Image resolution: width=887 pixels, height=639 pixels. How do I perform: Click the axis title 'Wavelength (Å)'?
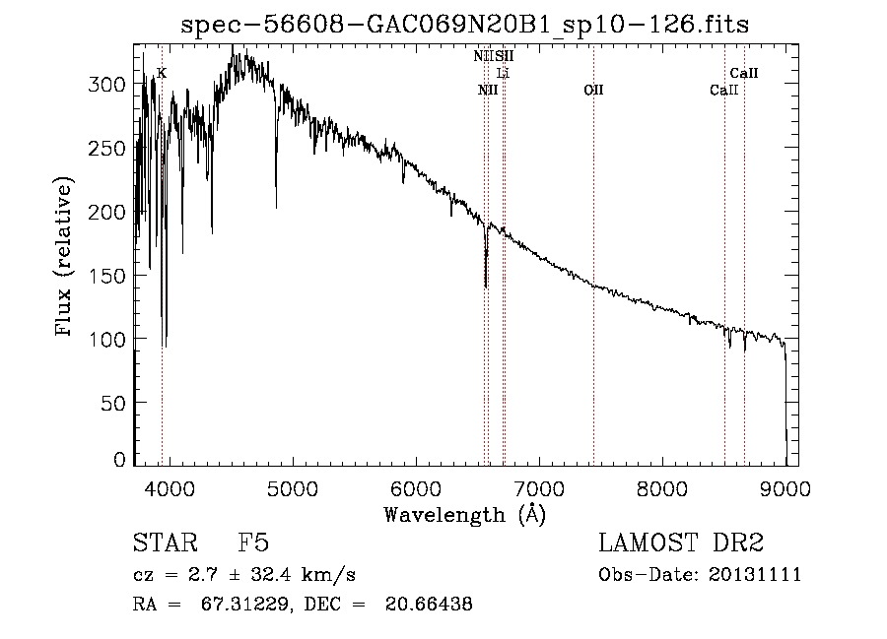[464, 514]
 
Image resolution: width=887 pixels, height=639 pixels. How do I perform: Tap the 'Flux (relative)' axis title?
[65, 258]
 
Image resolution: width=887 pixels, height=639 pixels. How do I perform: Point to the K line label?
[162, 73]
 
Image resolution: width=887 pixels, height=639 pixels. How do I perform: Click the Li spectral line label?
[503, 73]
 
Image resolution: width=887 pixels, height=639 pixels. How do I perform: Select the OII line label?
[592, 91]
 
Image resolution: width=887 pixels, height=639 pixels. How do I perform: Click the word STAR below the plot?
[164, 543]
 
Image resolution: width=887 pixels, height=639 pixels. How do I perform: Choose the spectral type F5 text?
[253, 543]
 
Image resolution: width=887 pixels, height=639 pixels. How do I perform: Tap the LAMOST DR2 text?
[681, 543]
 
